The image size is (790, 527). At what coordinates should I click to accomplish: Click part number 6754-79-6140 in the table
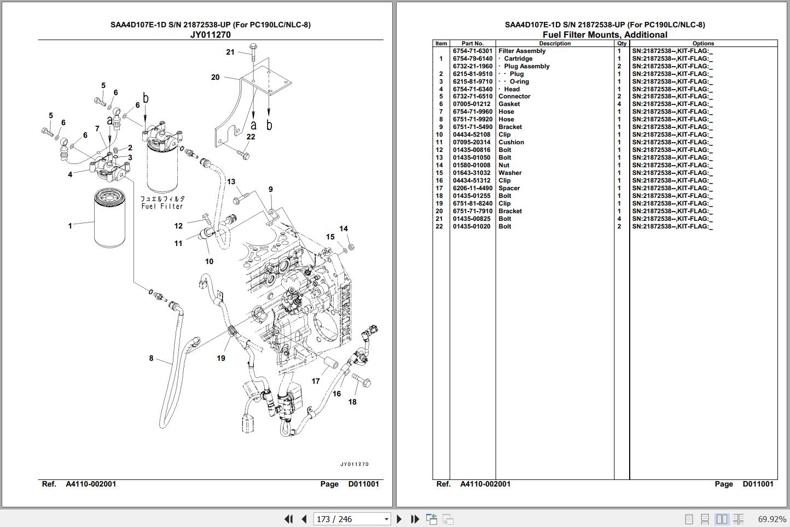(x=473, y=58)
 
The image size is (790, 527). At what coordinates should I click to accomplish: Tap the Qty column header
(x=622, y=43)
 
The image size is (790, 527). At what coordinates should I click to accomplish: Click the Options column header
(x=703, y=43)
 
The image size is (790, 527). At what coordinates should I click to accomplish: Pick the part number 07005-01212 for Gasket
(x=472, y=104)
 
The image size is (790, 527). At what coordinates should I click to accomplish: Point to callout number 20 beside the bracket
(x=215, y=77)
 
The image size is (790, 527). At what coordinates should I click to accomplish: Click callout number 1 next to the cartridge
(x=70, y=226)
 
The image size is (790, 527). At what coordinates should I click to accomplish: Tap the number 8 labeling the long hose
(x=151, y=359)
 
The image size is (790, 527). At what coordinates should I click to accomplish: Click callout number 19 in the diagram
(x=221, y=358)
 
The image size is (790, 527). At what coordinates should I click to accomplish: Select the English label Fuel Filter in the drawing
(x=162, y=206)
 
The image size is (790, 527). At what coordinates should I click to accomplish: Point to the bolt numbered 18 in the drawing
(x=361, y=380)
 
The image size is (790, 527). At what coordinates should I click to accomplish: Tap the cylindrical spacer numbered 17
(x=331, y=363)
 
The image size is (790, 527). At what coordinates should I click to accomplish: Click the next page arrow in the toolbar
(x=399, y=519)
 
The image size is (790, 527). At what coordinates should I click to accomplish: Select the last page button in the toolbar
(x=415, y=519)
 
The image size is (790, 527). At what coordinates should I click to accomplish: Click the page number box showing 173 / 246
(x=352, y=519)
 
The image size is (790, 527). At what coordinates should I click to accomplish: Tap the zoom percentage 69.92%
(x=771, y=519)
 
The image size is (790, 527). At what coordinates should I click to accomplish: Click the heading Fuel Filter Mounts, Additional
(x=605, y=34)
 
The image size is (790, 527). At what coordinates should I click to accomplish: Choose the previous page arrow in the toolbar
(x=304, y=519)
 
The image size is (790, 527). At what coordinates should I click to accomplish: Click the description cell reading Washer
(x=510, y=173)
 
